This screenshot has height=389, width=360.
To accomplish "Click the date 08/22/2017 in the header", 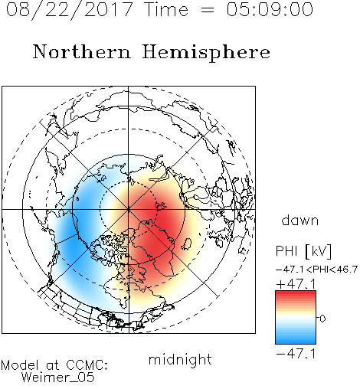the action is point(69,10).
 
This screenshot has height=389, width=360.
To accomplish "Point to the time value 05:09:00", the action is point(270,9).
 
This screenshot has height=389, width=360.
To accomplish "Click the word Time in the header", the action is point(166,9).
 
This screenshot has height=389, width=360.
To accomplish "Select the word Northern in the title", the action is point(82,51).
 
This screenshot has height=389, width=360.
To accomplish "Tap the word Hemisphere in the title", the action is point(206,53).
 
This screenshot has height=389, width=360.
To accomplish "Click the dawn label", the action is point(300,220).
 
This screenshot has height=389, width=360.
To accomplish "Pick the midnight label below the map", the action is point(180,359).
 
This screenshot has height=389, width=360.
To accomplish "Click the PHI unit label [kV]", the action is point(318,251).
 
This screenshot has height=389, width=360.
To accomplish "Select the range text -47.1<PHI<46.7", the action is point(316,270).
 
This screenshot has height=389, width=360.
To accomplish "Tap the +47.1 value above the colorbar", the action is point(296,284).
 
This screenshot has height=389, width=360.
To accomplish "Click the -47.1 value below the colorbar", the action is point(296,354).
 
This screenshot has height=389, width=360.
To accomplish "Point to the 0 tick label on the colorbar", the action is point(322,319).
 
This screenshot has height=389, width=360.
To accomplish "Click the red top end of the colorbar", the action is point(296,293).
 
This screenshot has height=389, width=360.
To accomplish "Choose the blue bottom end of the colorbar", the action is point(296,342).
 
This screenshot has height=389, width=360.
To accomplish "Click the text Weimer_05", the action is point(58,378).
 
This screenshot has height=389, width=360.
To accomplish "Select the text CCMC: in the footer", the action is point(87,365).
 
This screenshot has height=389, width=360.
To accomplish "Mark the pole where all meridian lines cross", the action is point(129,209).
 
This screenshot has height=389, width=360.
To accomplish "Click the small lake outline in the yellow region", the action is point(187,244).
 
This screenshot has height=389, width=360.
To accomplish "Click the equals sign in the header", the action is point(208,11).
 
